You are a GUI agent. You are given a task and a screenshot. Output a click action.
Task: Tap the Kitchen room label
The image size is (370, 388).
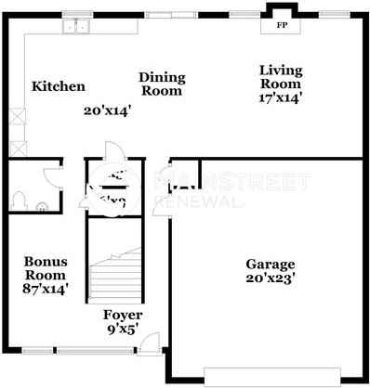[x=59, y=86]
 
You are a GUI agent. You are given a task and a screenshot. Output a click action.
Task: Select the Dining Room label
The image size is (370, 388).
[x=162, y=84]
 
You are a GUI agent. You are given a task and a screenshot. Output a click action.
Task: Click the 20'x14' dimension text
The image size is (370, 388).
[x=106, y=110]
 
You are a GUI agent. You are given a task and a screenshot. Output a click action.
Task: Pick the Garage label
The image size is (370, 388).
[x=270, y=264]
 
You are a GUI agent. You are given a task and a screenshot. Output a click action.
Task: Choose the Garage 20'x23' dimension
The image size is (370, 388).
[x=270, y=278]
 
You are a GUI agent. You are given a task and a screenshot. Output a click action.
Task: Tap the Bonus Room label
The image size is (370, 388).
[x=45, y=268]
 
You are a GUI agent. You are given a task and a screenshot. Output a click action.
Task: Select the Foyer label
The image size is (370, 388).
[x=122, y=314]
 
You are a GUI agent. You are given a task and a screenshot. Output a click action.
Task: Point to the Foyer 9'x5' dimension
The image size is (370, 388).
[x=122, y=329]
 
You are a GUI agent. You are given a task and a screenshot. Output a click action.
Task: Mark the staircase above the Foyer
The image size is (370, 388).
[x=116, y=269]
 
